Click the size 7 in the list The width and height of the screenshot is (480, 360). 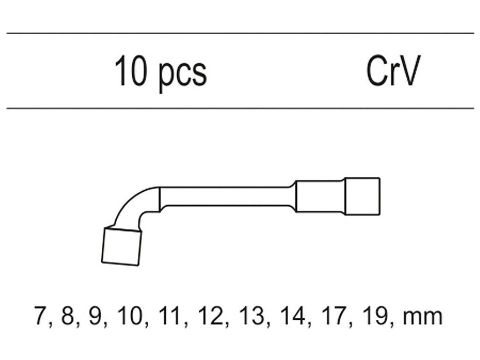pyautogui.click(x=39, y=316)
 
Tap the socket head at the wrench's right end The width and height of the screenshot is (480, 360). pyautogui.click(x=362, y=196)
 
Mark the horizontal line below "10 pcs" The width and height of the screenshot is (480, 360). pyautogui.click(x=240, y=108)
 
